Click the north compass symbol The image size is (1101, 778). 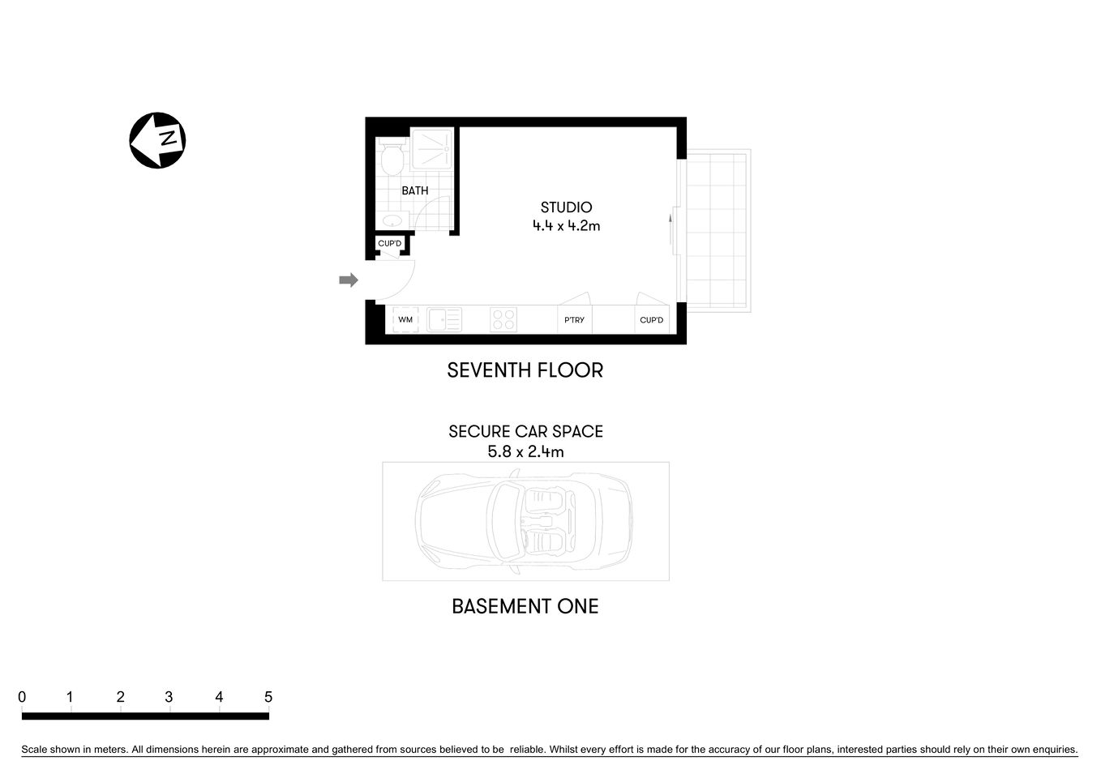coord(157,140)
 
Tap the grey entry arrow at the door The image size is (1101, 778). coord(348,280)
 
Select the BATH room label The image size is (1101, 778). coord(415,191)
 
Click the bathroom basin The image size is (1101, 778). coord(393,220)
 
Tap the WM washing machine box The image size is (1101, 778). coord(405,320)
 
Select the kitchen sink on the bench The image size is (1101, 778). coord(444,320)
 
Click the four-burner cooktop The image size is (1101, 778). coord(503,320)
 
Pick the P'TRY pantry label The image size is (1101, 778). coord(574,320)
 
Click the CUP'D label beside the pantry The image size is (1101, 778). coord(651,320)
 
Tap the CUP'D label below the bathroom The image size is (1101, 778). coord(390,244)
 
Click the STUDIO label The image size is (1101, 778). coord(566,207)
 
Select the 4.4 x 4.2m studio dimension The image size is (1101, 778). coord(566,226)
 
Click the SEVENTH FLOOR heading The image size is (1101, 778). coord(525,370)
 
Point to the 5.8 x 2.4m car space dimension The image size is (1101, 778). coord(525,451)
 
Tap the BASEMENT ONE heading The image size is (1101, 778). coord(525,606)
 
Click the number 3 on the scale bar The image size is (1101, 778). coord(169,697)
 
